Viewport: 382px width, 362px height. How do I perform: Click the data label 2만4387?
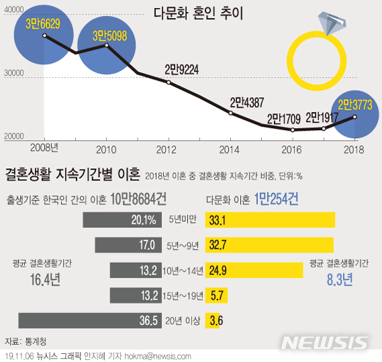(247, 102)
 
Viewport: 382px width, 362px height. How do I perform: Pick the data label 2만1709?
(285, 119)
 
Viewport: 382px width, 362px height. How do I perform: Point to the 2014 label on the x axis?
(229, 147)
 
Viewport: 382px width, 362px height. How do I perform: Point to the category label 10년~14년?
(184, 270)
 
